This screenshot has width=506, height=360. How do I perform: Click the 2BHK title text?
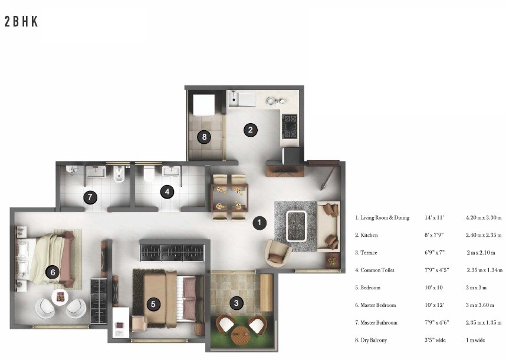pyautogui.click(x=21, y=22)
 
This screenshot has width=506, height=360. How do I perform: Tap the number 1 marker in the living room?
pyautogui.click(x=258, y=223)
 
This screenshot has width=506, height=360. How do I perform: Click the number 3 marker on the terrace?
pyautogui.click(x=236, y=303)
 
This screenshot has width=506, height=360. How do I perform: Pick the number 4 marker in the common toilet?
pyautogui.click(x=167, y=191)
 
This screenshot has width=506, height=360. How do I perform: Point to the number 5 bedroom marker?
pyautogui.click(x=153, y=304)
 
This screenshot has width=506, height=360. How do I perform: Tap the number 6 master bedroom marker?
pyautogui.click(x=53, y=272)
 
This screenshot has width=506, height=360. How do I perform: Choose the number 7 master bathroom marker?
pyautogui.click(x=90, y=197)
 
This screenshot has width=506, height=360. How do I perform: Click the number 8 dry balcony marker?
pyautogui.click(x=204, y=137)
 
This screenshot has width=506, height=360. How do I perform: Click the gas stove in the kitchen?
pyautogui.click(x=290, y=125)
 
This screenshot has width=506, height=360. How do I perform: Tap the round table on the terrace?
pyautogui.click(x=240, y=337)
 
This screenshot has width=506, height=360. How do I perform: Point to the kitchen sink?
pyautogui.click(x=243, y=98)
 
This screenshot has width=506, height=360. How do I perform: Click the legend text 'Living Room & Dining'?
pyautogui.click(x=382, y=218)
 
